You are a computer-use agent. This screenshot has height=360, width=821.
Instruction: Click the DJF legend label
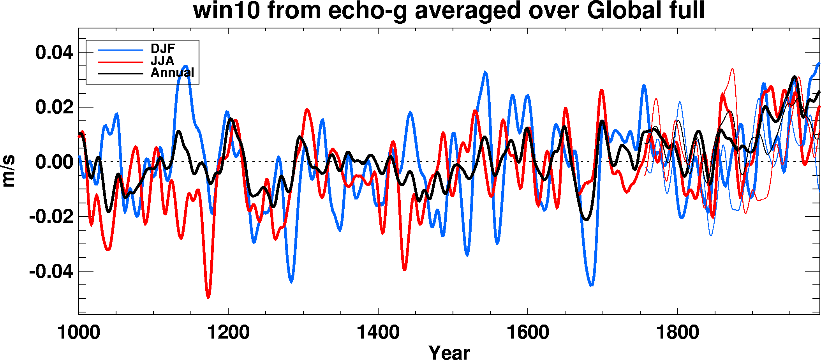point(163,49)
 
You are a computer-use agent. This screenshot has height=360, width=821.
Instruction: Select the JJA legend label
point(162,61)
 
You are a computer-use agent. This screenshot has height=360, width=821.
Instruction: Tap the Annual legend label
point(172,72)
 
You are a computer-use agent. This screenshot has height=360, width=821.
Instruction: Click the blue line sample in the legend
point(120,50)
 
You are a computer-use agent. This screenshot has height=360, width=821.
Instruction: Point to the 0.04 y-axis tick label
point(54,52)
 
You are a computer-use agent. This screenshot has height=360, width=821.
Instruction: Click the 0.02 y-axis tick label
point(54,107)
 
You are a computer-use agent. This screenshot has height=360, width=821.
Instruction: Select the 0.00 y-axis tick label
point(54,162)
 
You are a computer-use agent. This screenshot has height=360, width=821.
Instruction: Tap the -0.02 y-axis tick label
point(51,217)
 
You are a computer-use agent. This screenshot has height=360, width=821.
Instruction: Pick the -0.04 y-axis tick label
point(51,271)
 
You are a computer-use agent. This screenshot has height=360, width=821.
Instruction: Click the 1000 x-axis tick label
point(79,332)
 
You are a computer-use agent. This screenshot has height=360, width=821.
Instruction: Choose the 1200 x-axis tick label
point(228,332)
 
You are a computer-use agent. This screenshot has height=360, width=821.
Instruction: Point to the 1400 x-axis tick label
point(378,332)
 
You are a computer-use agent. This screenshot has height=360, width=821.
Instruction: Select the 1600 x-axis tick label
point(528,332)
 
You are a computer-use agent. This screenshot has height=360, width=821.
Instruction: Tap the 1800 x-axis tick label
point(678,332)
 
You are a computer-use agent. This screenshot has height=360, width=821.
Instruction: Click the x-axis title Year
point(449,352)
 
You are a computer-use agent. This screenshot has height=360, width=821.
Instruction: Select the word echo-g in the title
point(367,11)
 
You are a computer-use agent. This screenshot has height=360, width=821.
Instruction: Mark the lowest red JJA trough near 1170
point(208,297)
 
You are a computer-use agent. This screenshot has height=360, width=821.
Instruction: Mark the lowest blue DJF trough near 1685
point(591,285)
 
